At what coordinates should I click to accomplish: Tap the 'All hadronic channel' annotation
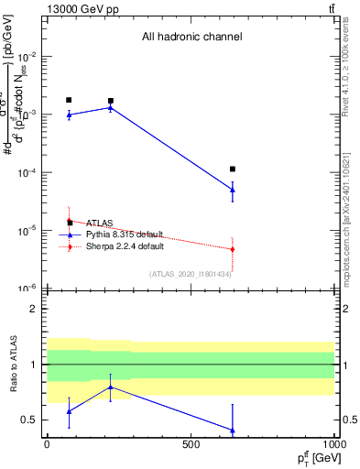point(191,38)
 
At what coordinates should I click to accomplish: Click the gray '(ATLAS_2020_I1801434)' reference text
point(191,273)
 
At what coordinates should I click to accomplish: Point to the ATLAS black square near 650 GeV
point(233,169)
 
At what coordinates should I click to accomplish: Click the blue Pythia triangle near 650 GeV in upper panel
point(233,190)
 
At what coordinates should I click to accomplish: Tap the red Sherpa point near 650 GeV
point(233,249)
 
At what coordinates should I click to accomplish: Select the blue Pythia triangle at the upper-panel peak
point(111,107)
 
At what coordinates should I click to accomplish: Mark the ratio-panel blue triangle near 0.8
point(111,387)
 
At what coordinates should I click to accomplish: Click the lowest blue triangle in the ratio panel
point(233,430)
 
